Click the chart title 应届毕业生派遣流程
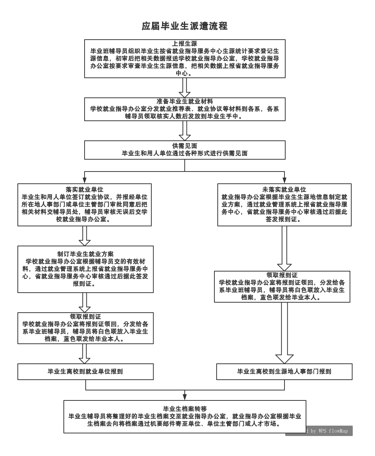click(184, 26)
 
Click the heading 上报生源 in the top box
click(184, 44)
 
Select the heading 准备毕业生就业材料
click(184, 101)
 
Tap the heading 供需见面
click(184, 146)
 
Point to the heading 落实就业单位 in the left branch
click(85, 190)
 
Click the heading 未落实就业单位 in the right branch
click(284, 190)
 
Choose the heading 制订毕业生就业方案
click(85, 254)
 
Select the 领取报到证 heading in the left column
click(85, 317)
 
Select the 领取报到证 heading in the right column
click(282, 275)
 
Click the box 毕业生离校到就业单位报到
click(85, 371)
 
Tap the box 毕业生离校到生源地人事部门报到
click(284, 371)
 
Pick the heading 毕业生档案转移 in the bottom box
click(185, 409)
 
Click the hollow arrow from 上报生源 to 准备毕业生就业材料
click(184, 88)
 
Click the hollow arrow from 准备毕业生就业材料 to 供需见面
click(184, 131)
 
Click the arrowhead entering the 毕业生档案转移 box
click(185, 397)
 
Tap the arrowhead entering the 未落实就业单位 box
click(284, 181)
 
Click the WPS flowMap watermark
click(326, 431)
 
